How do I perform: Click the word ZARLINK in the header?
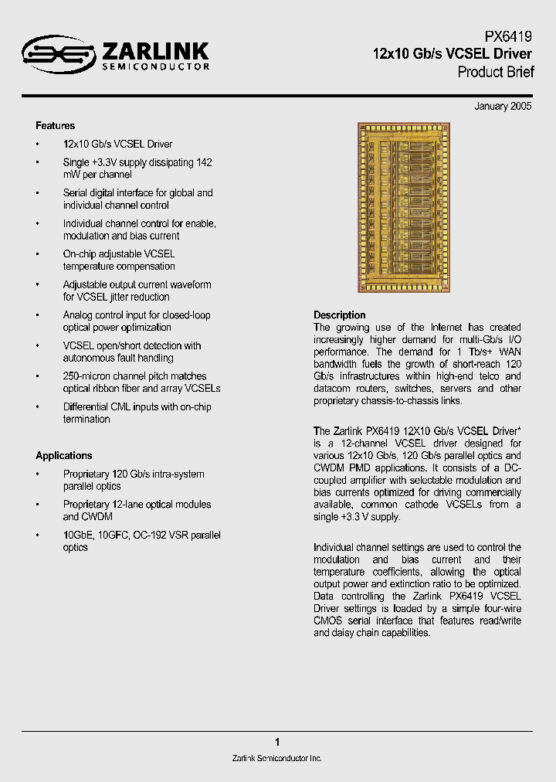coord(155,51)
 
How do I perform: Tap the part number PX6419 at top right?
coord(508,37)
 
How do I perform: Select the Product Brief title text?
coord(495,73)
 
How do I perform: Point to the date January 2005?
coord(503,107)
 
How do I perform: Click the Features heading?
coord(55,125)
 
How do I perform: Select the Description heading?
coord(339,314)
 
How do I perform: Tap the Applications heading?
coord(63,455)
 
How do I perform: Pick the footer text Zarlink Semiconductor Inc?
coord(276,758)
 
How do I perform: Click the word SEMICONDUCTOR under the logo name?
coord(155,67)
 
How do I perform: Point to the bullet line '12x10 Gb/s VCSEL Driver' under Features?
coord(117,144)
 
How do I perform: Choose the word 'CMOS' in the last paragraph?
coord(327,620)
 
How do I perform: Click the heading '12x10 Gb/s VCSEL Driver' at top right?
coord(453,54)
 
